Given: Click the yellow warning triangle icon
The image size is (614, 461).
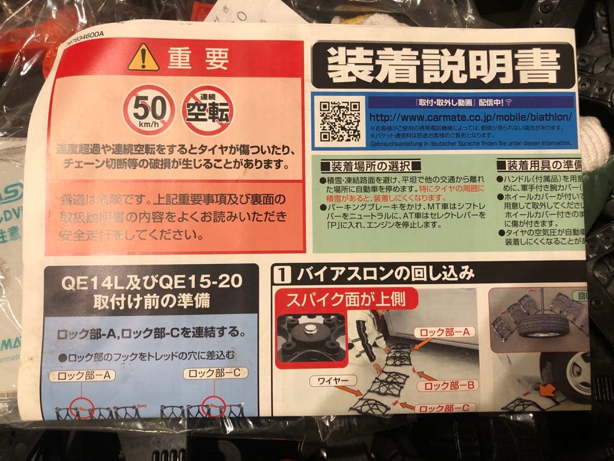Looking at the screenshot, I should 143,58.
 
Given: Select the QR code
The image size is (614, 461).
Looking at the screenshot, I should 339,121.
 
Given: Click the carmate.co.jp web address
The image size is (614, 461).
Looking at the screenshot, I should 470,117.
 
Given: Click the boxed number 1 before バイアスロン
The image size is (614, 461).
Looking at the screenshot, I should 283,275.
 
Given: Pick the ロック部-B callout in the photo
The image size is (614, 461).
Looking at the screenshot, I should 448,386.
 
